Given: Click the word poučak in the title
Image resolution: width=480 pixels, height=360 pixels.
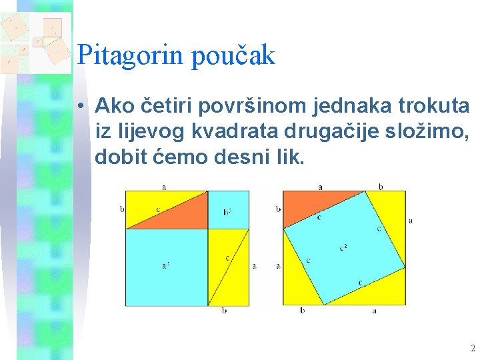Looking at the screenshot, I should (x=233, y=56).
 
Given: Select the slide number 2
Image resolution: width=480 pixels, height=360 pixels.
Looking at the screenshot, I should (x=472, y=348).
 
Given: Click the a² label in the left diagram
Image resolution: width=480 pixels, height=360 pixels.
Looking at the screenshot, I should (x=165, y=265).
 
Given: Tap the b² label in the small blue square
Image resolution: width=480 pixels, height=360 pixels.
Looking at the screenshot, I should (x=227, y=212).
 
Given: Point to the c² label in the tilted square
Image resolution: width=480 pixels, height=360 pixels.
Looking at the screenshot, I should (x=343, y=248).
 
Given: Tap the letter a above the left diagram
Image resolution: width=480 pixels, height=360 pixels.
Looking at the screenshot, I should (x=165, y=187).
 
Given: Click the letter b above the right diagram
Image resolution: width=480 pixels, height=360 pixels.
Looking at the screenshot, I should (x=381, y=187).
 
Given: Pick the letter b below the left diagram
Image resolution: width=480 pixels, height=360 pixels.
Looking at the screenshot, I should (x=224, y=311).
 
